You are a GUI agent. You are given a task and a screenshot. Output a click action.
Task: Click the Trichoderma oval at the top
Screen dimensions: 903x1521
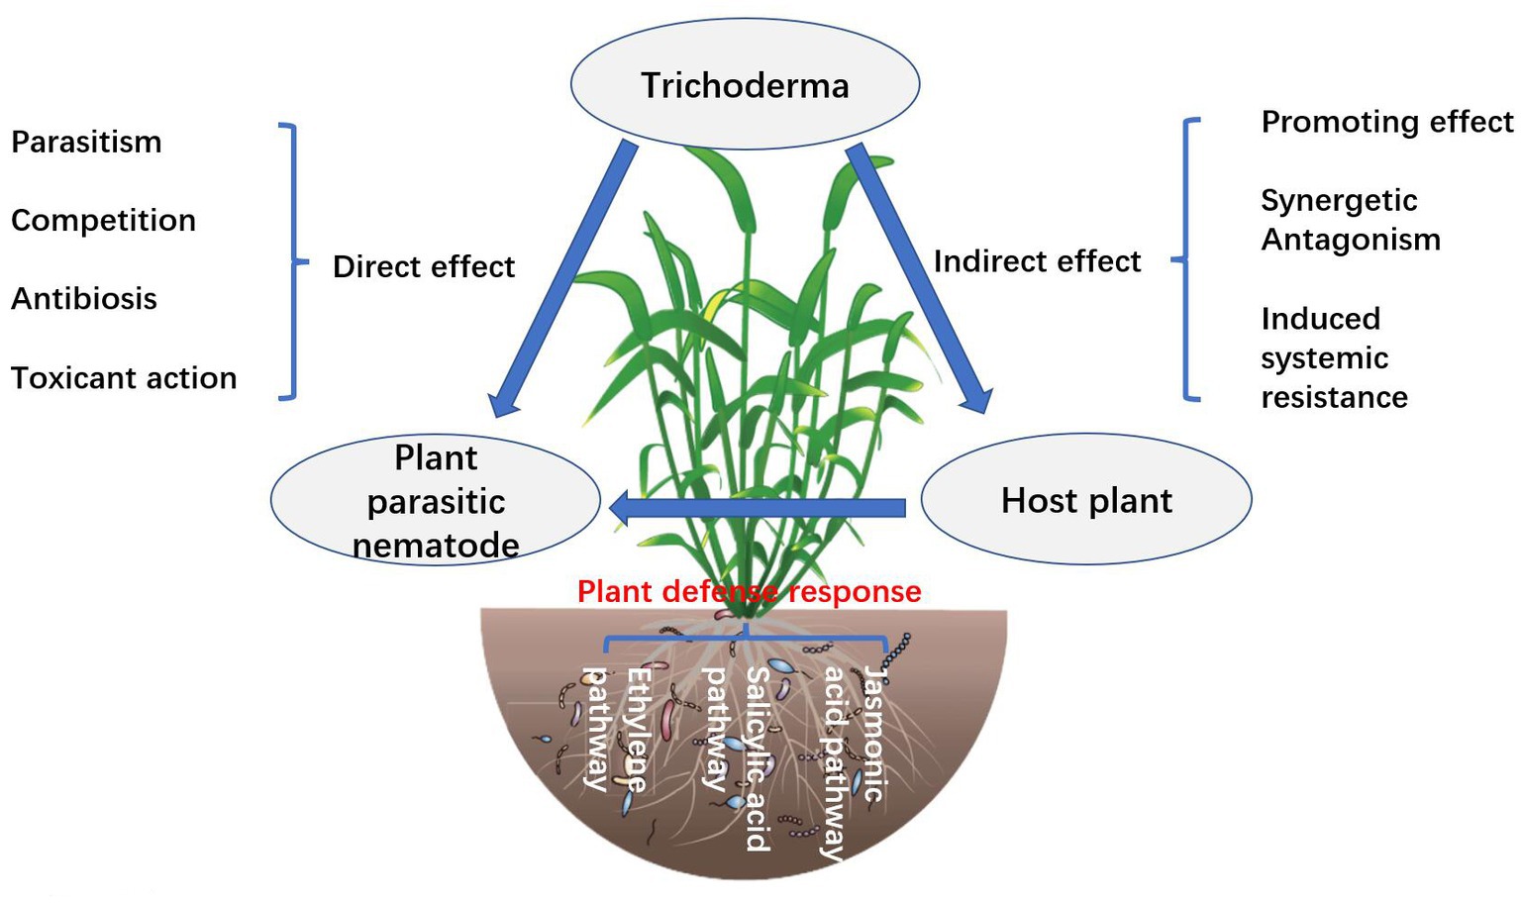pos(745,85)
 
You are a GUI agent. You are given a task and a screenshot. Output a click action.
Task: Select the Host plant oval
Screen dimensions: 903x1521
pos(1086,500)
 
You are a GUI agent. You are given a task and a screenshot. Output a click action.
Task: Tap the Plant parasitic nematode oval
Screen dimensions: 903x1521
pos(436,501)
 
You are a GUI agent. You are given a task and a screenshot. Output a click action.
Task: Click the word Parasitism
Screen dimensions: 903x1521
pos(86,143)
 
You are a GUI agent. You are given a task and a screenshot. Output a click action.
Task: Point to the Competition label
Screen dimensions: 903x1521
pos(103,221)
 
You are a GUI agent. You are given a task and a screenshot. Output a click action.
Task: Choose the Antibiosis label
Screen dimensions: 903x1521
pos(84,299)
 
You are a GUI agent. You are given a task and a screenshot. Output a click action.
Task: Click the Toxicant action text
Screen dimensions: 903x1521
pos(124,378)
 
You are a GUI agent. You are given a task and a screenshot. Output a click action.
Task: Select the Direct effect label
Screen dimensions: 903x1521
pos(424,267)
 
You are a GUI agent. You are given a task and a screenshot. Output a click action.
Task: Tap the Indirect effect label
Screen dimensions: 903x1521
pos(1037,261)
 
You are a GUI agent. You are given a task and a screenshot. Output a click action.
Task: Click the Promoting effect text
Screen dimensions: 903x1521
pos(1386,122)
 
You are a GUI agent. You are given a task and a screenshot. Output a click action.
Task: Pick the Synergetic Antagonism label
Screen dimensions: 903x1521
pos(1350,220)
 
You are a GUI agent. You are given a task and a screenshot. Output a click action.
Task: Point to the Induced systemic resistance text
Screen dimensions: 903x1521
pos(1333,358)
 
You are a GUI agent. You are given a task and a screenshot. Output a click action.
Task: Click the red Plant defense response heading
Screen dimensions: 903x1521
pos(749,592)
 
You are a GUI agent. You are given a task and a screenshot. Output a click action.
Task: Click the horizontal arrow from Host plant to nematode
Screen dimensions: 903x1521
pos(758,509)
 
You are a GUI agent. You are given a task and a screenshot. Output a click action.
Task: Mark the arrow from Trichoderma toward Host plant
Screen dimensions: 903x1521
pos(918,277)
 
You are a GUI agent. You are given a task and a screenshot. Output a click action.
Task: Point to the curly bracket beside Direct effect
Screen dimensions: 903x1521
pos(291,261)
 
